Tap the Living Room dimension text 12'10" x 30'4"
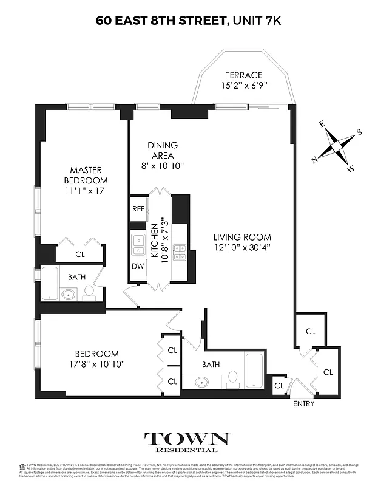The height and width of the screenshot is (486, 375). click(x=242, y=247)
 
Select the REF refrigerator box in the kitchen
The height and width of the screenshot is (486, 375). click(x=138, y=209)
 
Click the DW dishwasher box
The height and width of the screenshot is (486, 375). click(x=138, y=265)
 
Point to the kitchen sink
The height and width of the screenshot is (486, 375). click(x=138, y=244)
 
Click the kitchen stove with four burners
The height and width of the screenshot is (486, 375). click(x=180, y=252)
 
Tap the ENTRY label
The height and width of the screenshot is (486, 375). click(x=303, y=403)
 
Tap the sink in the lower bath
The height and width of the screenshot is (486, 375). click(x=203, y=382)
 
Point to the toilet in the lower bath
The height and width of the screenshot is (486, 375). click(x=232, y=380)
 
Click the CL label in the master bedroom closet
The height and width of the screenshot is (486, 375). click(x=80, y=255)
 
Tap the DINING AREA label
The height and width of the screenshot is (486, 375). click(x=163, y=150)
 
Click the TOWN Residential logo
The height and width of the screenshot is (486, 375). click(x=187, y=442)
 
